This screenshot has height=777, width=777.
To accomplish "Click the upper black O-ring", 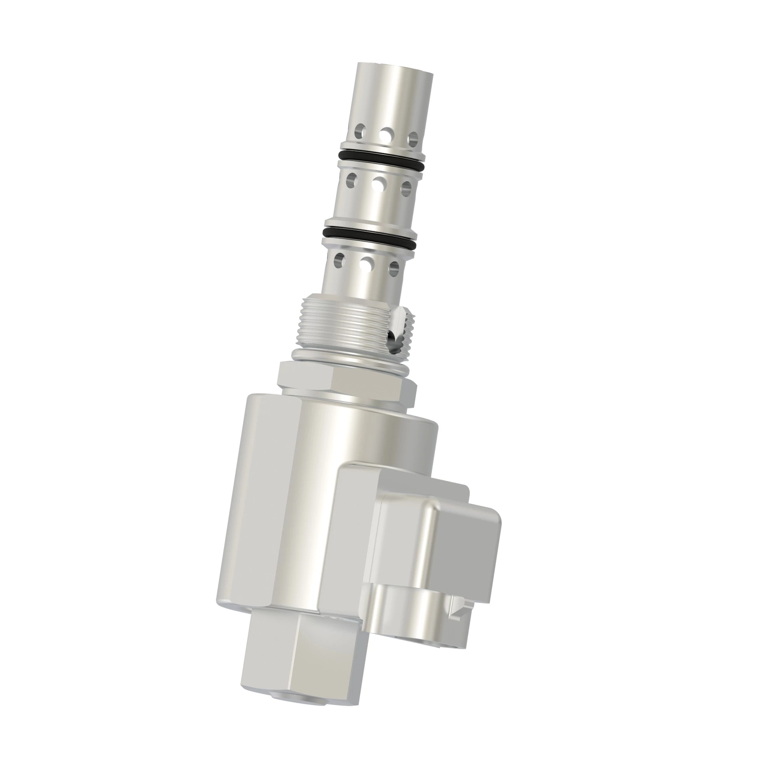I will [381, 155].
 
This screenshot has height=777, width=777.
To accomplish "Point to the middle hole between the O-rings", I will [378, 184].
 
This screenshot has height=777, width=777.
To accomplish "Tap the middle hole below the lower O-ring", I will [366, 264].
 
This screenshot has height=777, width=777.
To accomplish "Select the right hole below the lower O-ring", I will [394, 268].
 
